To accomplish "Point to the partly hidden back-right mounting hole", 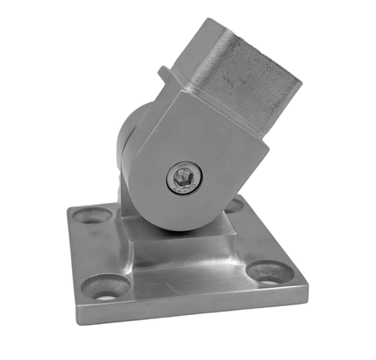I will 235,205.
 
